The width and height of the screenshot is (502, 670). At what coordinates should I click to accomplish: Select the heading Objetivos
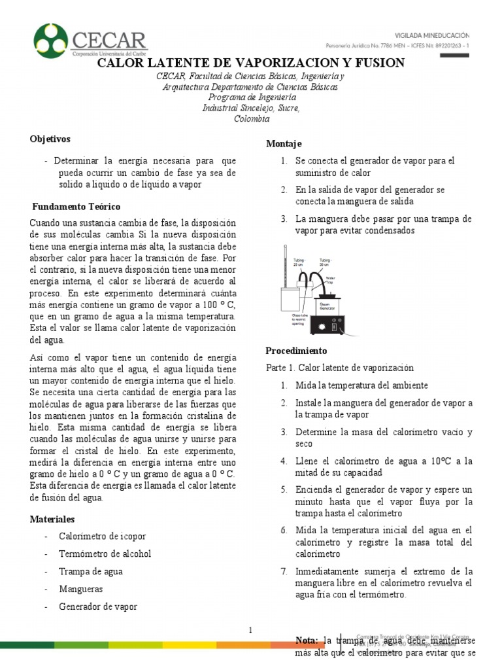[50, 139]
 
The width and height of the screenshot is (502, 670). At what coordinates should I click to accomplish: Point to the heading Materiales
[52, 519]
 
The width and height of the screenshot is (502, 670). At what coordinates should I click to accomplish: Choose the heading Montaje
[284, 144]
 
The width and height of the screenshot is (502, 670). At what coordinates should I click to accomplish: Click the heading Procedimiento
[297, 351]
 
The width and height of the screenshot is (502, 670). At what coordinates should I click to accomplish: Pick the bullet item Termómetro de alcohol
[105, 554]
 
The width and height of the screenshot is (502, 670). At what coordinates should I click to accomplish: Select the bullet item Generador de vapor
[98, 607]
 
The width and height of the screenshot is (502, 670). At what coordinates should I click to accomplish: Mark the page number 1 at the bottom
[250, 629]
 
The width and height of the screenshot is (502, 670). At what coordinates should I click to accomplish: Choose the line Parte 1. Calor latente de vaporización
[340, 368]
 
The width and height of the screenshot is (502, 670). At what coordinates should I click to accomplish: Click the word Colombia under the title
[251, 119]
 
